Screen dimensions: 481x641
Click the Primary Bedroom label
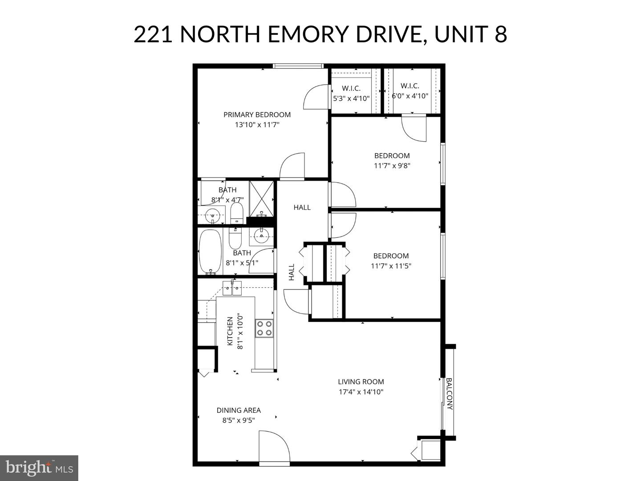(257, 114)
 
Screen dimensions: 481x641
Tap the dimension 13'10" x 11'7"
(257, 125)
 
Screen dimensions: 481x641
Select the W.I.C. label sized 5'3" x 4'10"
(351, 88)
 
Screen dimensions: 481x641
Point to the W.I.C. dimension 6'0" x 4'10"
(410, 96)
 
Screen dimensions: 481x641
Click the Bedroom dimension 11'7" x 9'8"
(392, 166)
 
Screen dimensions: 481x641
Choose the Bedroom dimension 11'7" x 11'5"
(391, 266)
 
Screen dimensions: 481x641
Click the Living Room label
(361, 382)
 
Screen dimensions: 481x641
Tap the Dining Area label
(239, 410)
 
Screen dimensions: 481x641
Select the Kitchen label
(230, 331)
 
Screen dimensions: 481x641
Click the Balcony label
(449, 394)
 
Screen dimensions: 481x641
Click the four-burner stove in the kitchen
(264, 328)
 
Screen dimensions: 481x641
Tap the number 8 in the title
(500, 34)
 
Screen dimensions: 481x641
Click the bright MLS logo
(39, 468)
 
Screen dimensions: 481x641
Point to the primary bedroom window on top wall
(298, 66)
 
